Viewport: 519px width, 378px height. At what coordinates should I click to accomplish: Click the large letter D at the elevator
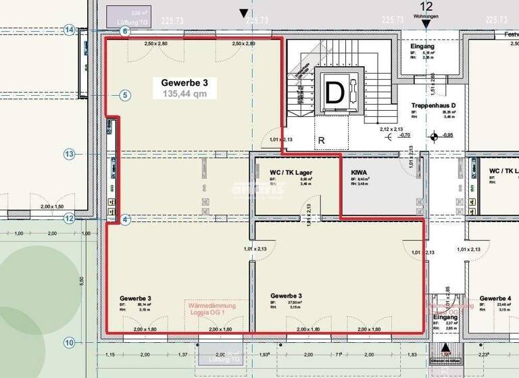(x=335, y=92)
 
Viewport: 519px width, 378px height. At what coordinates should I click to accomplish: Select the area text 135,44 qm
(x=184, y=94)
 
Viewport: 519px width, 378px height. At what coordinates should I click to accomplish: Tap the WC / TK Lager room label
(x=295, y=173)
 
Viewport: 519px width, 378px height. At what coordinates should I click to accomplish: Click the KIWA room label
(x=360, y=173)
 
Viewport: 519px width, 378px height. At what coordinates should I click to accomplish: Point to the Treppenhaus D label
(x=434, y=107)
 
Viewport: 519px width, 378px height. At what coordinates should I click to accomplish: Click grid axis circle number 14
(x=69, y=30)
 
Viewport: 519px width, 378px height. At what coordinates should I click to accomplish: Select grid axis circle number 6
(x=124, y=31)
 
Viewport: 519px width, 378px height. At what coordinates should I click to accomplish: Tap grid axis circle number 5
(x=124, y=95)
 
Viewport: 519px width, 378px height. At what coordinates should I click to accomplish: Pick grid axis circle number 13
(x=69, y=154)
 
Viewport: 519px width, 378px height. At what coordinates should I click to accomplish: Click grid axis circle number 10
(x=69, y=342)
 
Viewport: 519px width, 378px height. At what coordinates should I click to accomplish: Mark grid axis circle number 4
(x=124, y=219)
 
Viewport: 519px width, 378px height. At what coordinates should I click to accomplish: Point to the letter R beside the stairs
(x=322, y=140)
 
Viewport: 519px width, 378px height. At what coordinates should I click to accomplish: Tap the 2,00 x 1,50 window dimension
(x=52, y=207)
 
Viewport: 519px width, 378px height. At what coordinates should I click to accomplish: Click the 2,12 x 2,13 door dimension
(x=391, y=128)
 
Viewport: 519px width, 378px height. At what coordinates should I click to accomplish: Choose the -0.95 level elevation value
(x=447, y=135)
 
